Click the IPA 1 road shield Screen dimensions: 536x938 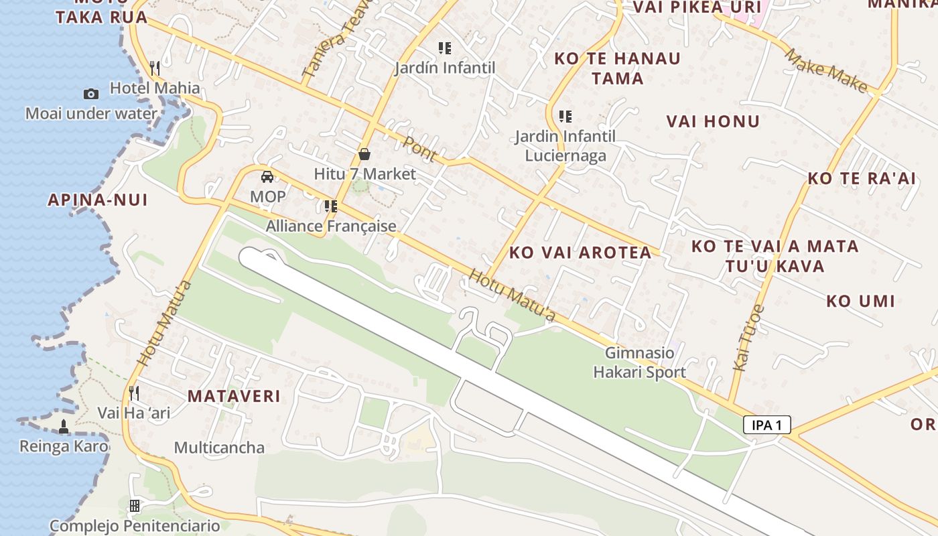click(x=766, y=425)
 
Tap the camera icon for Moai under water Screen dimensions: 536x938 click(x=90, y=94)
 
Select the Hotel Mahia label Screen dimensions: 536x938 click(x=155, y=88)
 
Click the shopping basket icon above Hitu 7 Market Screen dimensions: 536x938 click(x=364, y=154)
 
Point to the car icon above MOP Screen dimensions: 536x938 click(x=267, y=177)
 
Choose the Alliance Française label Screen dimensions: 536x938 click(x=331, y=226)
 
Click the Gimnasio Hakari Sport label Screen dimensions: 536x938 click(x=639, y=362)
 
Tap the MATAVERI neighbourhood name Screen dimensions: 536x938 click(x=234, y=396)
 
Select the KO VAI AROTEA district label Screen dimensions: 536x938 click(x=580, y=252)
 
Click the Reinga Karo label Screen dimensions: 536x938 click(x=64, y=446)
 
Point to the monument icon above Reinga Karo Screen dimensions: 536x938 click(x=64, y=426)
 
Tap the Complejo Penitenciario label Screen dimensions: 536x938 click(x=135, y=526)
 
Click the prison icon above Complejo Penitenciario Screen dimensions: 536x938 click(x=135, y=505)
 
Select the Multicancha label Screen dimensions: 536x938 click(x=219, y=448)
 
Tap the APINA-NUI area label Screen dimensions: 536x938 click(x=98, y=200)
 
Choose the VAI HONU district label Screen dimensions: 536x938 click(x=713, y=121)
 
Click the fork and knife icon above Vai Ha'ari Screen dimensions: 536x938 click(x=134, y=393)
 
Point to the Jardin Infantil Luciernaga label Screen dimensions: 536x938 click(x=565, y=146)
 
